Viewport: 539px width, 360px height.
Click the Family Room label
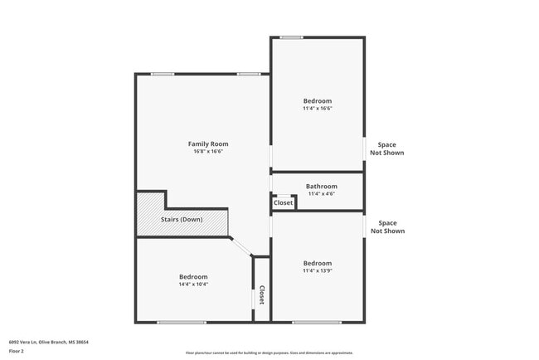pyautogui.click(x=208, y=144)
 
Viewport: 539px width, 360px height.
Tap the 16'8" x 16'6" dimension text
pyautogui.click(x=208, y=152)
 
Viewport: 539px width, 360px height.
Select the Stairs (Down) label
pyautogui.click(x=181, y=220)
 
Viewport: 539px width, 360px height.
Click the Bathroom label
pyautogui.click(x=321, y=187)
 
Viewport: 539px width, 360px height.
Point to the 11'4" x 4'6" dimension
pyautogui.click(x=321, y=194)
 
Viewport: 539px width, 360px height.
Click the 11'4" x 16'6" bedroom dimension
pyautogui.click(x=317, y=109)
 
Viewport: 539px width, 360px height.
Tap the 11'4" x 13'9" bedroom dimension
pyautogui.click(x=317, y=270)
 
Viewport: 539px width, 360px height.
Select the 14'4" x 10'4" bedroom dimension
pyautogui.click(x=193, y=284)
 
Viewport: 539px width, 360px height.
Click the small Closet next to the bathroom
pyautogui.click(x=283, y=202)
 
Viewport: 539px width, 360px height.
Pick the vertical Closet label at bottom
pyautogui.click(x=261, y=294)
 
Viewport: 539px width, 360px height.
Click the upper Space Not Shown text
pyautogui.click(x=387, y=148)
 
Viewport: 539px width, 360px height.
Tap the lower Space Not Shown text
pyautogui.click(x=387, y=226)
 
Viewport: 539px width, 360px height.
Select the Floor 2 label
pyautogui.click(x=17, y=352)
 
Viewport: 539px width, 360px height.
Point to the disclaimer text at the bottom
pyautogui.click(x=269, y=353)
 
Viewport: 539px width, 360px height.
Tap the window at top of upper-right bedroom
pyautogui.click(x=290, y=37)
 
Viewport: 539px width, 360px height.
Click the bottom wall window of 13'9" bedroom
pyautogui.click(x=316, y=322)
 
